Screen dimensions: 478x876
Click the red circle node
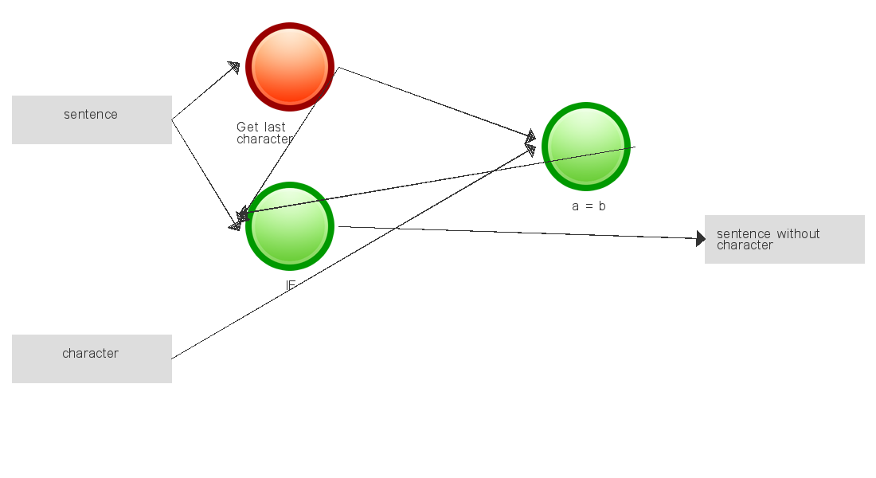click(x=289, y=67)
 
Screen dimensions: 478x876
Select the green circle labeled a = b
click(x=586, y=147)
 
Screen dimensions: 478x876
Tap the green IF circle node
click(x=289, y=226)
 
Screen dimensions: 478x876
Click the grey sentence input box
click(x=92, y=119)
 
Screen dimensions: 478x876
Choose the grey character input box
click(x=92, y=358)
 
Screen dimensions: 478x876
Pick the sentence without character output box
click(x=784, y=239)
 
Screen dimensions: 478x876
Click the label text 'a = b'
click(x=589, y=206)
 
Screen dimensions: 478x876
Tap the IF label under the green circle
click(x=291, y=284)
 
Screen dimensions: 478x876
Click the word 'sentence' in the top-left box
click(x=91, y=115)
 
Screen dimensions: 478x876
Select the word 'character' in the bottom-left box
click(x=91, y=354)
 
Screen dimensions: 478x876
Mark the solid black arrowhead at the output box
click(x=700, y=238)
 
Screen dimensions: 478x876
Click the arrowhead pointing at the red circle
click(x=233, y=66)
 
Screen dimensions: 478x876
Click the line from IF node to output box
click(x=518, y=233)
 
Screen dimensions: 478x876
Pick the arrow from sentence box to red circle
click(x=203, y=92)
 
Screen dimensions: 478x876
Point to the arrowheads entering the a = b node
click(x=530, y=141)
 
